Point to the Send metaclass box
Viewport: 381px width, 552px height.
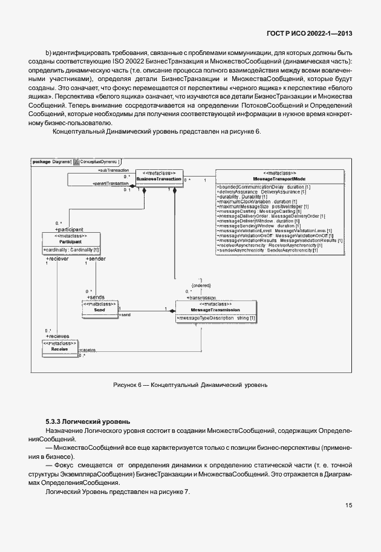(x=100, y=307)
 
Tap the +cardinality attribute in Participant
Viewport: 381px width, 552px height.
(x=71, y=250)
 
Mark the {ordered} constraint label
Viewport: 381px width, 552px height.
(x=201, y=284)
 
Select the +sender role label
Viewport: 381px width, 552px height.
(x=96, y=258)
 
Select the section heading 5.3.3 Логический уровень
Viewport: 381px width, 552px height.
(x=87, y=421)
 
